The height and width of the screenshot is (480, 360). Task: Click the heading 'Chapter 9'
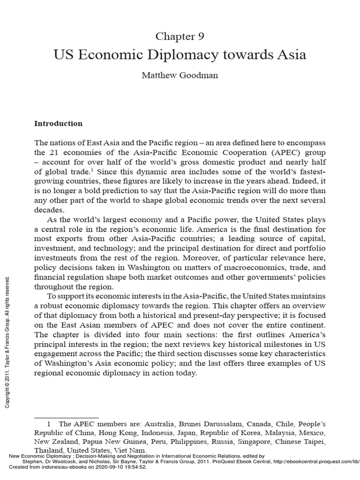(180, 36)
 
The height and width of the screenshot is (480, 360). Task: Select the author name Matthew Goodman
(180, 75)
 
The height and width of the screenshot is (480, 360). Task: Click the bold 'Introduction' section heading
(58, 124)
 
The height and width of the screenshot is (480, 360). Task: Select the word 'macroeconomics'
(246, 268)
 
